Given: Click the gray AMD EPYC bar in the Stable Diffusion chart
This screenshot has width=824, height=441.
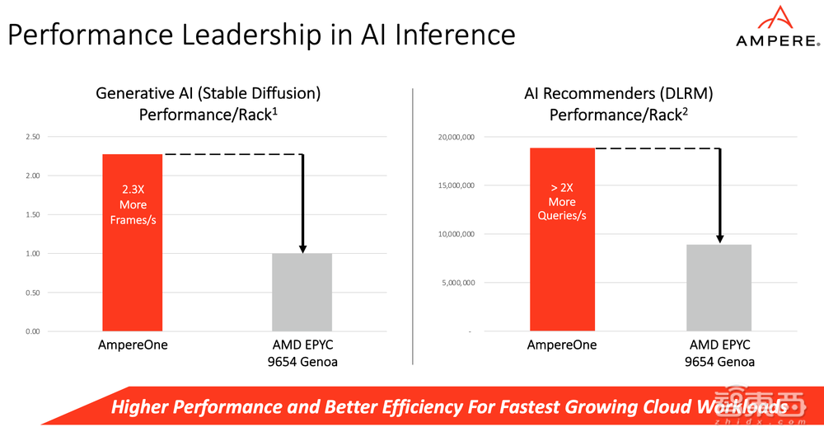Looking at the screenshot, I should point(302,292).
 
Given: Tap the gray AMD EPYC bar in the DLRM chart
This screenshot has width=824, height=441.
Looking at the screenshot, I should point(720,288).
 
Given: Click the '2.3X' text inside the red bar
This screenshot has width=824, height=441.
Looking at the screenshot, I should point(133,189).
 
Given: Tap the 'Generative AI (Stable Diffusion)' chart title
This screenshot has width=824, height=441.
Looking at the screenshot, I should point(208,93).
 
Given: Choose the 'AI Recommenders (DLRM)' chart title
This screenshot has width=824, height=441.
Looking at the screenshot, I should point(618,93).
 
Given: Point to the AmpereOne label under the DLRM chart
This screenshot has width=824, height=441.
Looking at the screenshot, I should point(562,345).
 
